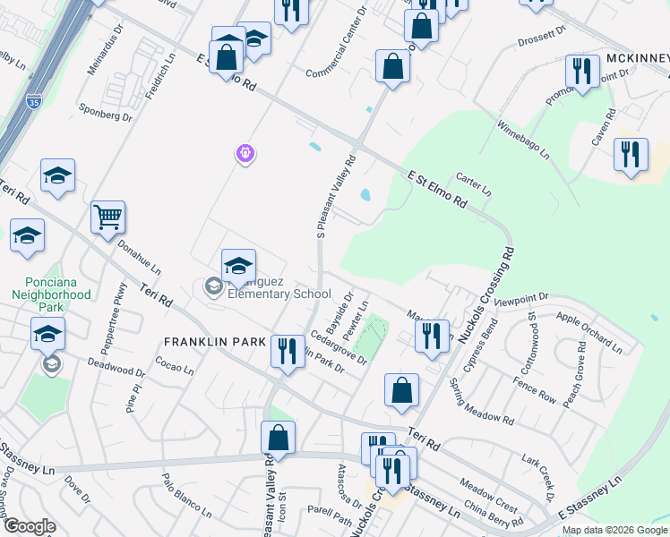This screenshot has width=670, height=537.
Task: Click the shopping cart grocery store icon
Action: coord(107,216)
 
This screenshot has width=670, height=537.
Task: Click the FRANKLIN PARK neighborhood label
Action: coord(215,342)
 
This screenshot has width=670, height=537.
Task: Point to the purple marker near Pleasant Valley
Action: coord(245,154)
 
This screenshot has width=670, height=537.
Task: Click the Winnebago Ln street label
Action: coord(523,141)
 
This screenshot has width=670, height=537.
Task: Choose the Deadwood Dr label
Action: coord(116,367)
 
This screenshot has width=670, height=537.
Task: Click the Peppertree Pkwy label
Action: coord(120,310)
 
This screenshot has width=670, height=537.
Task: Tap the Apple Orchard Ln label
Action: coord(588,331)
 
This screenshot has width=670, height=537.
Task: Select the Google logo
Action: coord(29,526)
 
